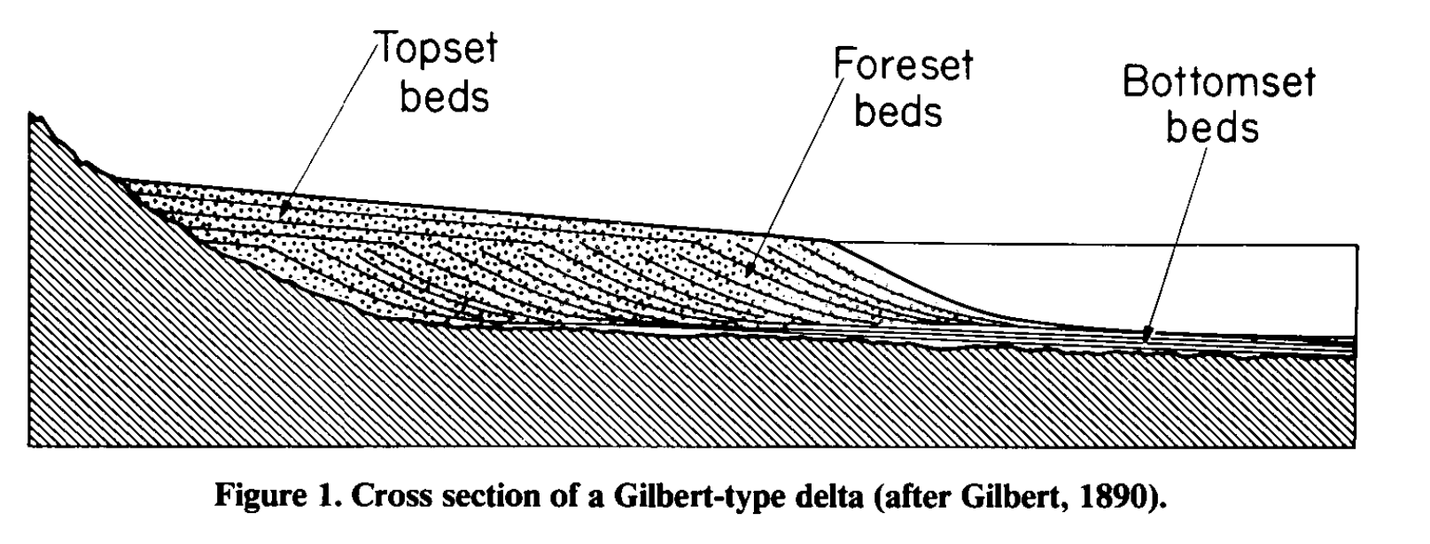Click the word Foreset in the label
point(904,65)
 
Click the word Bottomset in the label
point(1219,82)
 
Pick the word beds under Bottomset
point(1212,127)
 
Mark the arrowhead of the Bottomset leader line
point(1146,336)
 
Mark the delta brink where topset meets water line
point(828,241)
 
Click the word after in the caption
point(915,495)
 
